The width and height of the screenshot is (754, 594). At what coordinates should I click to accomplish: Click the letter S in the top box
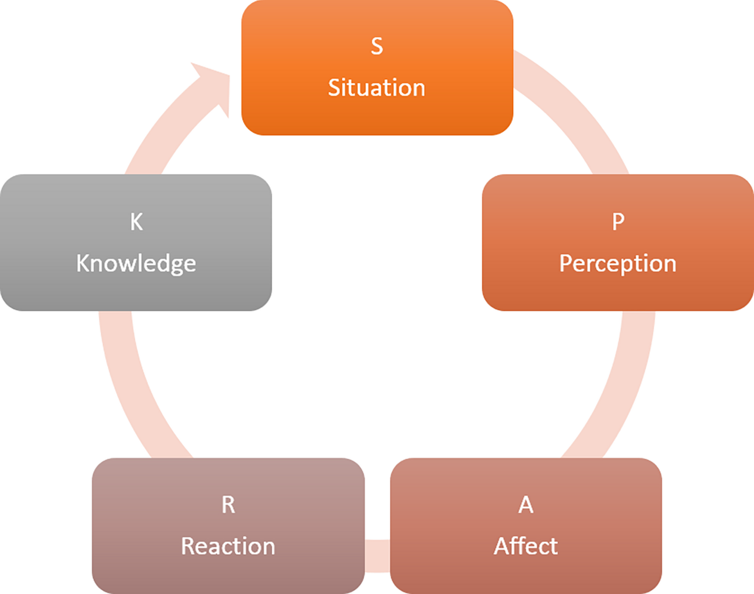click(376, 46)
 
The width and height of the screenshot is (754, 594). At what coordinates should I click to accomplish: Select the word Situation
click(376, 87)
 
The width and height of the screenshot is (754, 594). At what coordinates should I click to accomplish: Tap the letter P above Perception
click(618, 221)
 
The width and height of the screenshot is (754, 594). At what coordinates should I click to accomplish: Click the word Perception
click(618, 263)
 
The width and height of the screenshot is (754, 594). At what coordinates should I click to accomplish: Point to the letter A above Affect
click(526, 505)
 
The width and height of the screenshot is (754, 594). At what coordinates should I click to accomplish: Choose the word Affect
click(526, 546)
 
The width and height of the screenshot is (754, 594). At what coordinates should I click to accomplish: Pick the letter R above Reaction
click(228, 505)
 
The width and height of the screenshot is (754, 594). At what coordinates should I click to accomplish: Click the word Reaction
click(228, 546)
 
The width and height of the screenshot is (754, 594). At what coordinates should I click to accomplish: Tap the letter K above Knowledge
click(136, 222)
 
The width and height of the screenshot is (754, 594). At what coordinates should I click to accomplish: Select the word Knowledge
click(136, 263)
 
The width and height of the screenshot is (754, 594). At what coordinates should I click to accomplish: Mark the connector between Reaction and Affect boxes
click(378, 555)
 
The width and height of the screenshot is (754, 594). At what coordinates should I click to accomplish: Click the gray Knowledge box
click(136, 293)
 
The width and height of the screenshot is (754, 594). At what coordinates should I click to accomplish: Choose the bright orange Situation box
click(377, 118)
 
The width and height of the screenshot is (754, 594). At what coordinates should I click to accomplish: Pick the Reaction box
click(228, 576)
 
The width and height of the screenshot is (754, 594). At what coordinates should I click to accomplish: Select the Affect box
click(526, 576)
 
